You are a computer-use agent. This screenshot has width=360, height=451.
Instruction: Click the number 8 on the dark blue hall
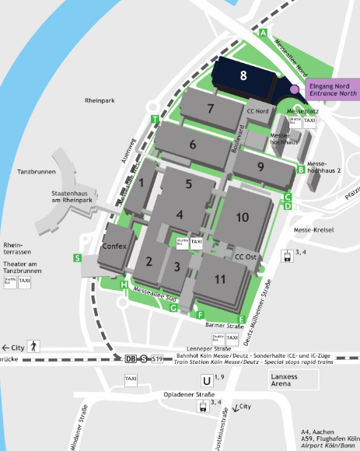pos(243,75)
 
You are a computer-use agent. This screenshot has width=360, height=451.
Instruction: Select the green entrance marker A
pos(264,33)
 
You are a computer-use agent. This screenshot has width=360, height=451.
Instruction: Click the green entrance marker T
pos(156,119)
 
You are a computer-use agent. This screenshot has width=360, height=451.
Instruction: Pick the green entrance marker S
pos(77,257)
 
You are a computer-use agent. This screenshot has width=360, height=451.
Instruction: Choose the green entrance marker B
pos(301,170)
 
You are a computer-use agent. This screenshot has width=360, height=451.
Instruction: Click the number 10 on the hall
pos(243,217)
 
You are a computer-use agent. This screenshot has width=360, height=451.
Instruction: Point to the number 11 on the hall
pos(220,278)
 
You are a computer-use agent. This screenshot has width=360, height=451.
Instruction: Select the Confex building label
pos(114,246)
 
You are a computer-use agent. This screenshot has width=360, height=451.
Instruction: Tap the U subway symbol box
pos(206,380)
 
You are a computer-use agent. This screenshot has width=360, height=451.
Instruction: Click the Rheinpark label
pos(100,100)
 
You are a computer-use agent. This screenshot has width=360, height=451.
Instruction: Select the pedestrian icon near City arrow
pos(33,346)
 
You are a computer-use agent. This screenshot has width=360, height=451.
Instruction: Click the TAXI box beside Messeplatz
pos(309,121)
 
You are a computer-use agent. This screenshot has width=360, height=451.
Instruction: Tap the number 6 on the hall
pos(193,144)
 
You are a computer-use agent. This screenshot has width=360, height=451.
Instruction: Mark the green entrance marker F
pos(200,314)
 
